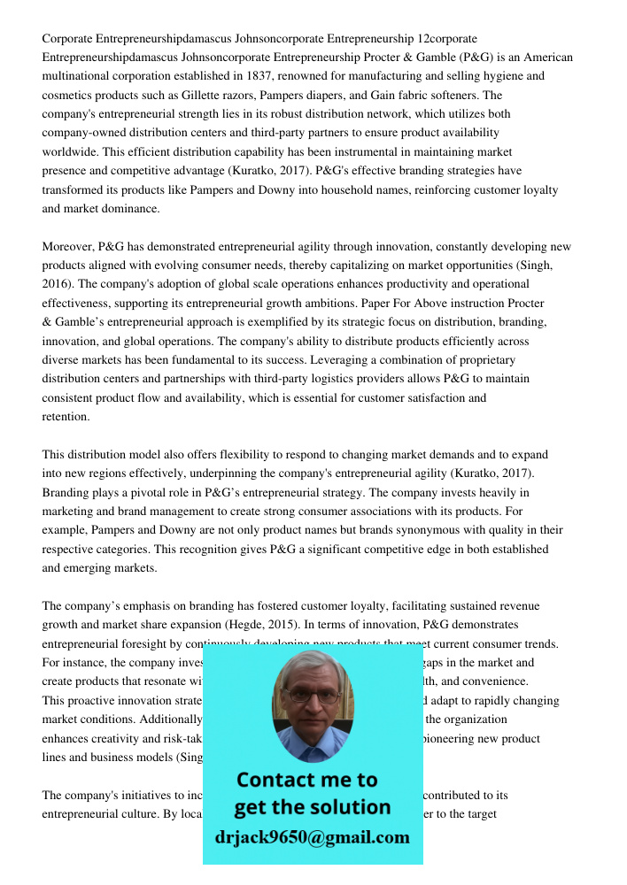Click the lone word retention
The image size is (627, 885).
click(65, 417)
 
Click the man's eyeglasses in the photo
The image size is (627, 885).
click(313, 696)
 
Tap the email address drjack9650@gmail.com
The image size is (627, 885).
click(312, 837)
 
